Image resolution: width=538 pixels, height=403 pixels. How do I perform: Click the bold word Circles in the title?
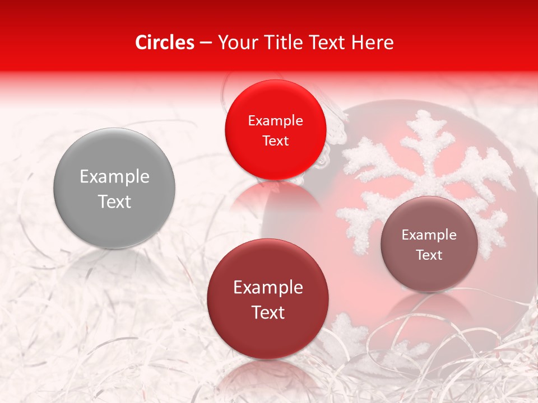coord(165,43)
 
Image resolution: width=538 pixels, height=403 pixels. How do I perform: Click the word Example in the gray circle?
coord(114,177)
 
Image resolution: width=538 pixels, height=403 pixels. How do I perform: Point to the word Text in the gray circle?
coord(114,201)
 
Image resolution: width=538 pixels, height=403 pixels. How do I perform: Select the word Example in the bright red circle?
coord(275,121)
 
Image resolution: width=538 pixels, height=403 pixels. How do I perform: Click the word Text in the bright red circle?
coord(275,140)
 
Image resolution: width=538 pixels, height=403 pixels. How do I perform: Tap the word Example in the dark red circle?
coord(268,288)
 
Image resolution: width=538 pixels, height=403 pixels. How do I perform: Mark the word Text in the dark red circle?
coord(268,312)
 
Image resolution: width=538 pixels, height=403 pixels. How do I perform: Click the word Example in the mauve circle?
coord(429,235)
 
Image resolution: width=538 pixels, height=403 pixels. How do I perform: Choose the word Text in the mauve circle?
coord(429,255)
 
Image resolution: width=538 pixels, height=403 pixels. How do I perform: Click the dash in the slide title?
coord(206,43)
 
